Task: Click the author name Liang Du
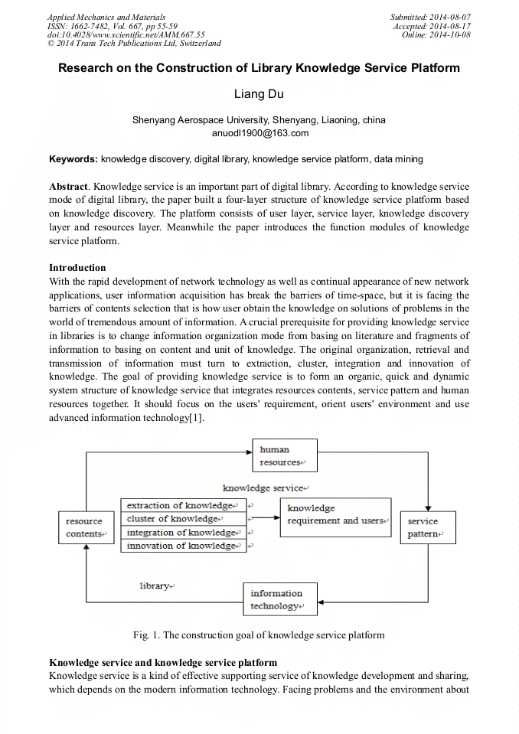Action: pyautogui.click(x=259, y=95)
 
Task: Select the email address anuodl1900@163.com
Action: pyautogui.click(x=259, y=132)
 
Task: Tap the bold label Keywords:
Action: pyautogui.click(x=73, y=159)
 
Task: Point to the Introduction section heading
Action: pyautogui.click(x=77, y=268)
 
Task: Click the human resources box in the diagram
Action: pyautogui.click(x=284, y=455)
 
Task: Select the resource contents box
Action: pyautogui.click(x=85, y=527)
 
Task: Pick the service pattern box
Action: pyautogui.click(x=427, y=527)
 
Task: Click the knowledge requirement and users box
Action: pyautogui.click(x=338, y=517)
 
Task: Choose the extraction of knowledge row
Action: pyautogui.click(x=182, y=505)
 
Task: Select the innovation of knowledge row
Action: pyautogui.click(x=182, y=546)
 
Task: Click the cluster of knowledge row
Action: pyautogui.click(x=182, y=519)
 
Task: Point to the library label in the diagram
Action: pyautogui.click(x=155, y=586)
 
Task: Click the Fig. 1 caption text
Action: pyautogui.click(x=259, y=635)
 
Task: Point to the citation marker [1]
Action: pyautogui.click(x=196, y=418)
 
